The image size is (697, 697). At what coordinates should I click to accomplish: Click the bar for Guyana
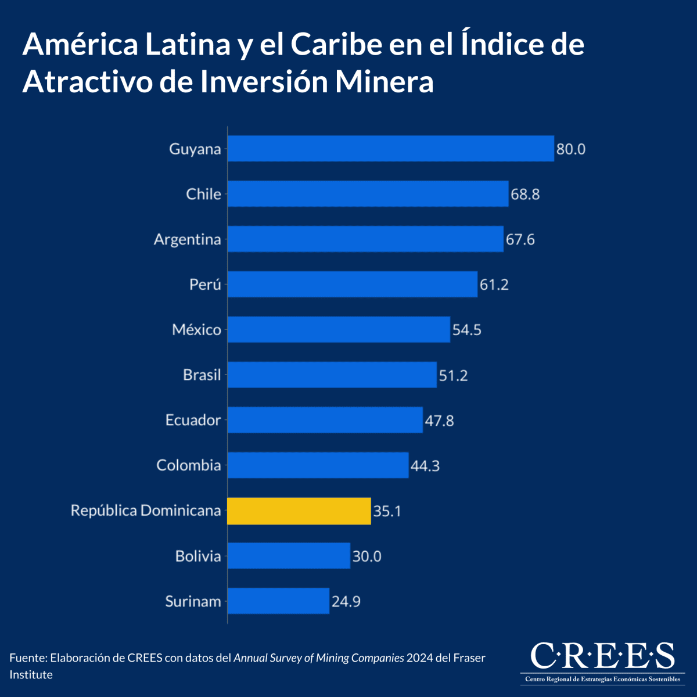pos(390,149)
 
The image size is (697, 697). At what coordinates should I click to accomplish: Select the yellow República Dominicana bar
pos(299,511)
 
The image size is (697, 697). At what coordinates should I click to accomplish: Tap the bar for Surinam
pos(278,601)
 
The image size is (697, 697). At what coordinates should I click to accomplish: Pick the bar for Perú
pos(352,284)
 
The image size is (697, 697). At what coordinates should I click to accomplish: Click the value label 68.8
pos(525,194)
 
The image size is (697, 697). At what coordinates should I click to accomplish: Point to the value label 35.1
pos(387,511)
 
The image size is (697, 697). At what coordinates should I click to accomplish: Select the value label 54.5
pos(467,330)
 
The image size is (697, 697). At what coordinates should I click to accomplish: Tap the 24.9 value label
pos(346,601)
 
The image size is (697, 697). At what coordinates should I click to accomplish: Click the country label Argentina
pos(187,239)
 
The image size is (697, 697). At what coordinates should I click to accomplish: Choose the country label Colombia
pos(189,465)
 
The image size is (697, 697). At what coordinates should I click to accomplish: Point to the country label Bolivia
pos(198,556)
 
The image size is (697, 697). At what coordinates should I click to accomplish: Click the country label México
pos(196,330)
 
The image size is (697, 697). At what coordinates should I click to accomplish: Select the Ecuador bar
pos(325,420)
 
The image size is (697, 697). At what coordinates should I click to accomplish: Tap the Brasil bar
pos(332,375)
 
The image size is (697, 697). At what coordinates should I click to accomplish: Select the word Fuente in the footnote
pos(28,658)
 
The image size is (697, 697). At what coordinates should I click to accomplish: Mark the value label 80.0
pos(571,149)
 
